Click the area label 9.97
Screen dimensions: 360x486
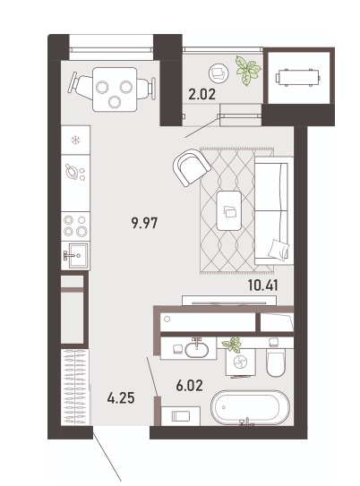pyautogui.click(x=144, y=223)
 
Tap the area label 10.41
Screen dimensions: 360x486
pyautogui.click(x=263, y=286)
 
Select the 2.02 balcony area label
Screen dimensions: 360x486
pyautogui.click(x=201, y=94)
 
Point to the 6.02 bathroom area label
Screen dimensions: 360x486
pyautogui.click(x=189, y=385)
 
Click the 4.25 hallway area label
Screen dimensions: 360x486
pyautogui.click(x=121, y=398)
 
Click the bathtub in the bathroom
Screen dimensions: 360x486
pyautogui.click(x=250, y=407)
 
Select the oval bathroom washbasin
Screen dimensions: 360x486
pyautogui.click(x=197, y=350)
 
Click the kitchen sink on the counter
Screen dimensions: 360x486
pyautogui.click(x=76, y=255)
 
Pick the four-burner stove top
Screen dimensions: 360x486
pyautogui.click(x=75, y=226)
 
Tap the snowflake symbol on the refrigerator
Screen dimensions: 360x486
pyautogui.click(x=75, y=141)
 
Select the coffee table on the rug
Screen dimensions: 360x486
pyautogui.click(x=229, y=210)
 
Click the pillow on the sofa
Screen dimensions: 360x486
pyautogui.click(x=279, y=249)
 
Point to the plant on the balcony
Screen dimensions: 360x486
pyautogui.click(x=248, y=71)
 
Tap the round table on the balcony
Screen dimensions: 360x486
pyautogui.click(x=219, y=73)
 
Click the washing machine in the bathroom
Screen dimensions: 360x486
pyautogui.click(x=241, y=361)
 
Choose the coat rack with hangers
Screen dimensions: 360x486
pyautogui.click(x=75, y=388)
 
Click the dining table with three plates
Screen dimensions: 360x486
pyautogui.click(x=115, y=90)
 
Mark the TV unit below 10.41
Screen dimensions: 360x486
pyautogui.click(x=229, y=300)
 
